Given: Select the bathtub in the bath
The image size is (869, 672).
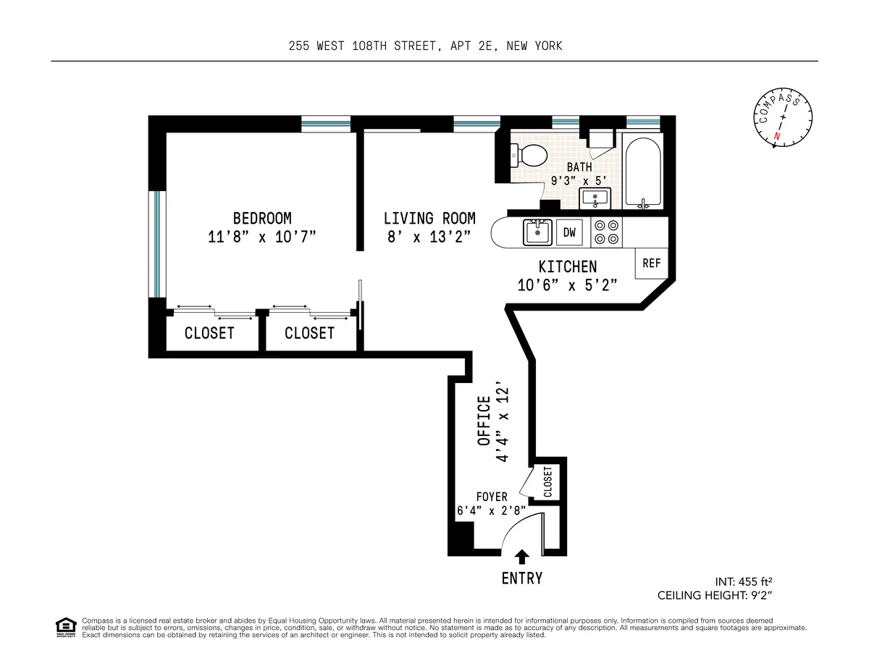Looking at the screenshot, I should [642, 171].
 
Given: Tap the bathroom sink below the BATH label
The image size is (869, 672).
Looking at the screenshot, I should [595, 197].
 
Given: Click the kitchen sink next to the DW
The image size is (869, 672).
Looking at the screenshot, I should [537, 232].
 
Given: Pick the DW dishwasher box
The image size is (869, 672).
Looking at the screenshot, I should [570, 232].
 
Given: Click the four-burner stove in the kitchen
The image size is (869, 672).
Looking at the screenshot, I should [606, 232].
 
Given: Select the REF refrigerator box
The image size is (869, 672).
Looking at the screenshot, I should [651, 264].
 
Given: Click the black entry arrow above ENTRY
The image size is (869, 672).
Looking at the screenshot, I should [521, 556].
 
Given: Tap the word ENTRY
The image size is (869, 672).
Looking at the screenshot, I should [521, 579].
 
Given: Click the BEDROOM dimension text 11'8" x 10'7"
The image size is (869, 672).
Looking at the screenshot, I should [262, 237].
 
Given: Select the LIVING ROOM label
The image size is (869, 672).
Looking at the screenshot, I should [429, 218].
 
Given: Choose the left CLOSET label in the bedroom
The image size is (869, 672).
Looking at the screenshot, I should [209, 333].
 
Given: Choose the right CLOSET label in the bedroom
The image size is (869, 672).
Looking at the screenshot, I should [309, 333].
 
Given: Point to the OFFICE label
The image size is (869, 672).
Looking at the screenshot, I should [484, 424].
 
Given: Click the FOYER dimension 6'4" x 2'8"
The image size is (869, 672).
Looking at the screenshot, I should [491, 510].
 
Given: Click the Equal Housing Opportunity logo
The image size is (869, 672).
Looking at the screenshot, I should [66, 627].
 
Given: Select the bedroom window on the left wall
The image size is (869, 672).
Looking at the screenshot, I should [157, 243].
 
